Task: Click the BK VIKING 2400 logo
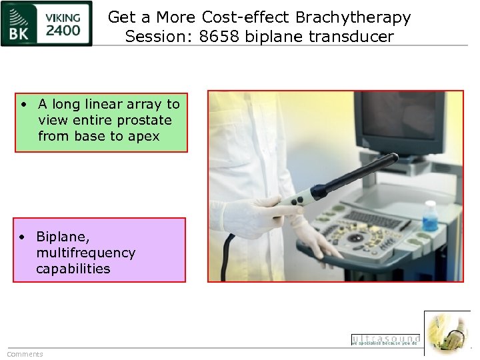click(x=47, y=24)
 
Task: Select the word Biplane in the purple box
click(x=63, y=237)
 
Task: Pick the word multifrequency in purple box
click(x=86, y=253)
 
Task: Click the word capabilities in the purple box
click(x=73, y=269)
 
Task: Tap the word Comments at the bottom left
click(x=25, y=354)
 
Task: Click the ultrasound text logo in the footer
click(x=385, y=340)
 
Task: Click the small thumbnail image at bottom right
click(x=447, y=333)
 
